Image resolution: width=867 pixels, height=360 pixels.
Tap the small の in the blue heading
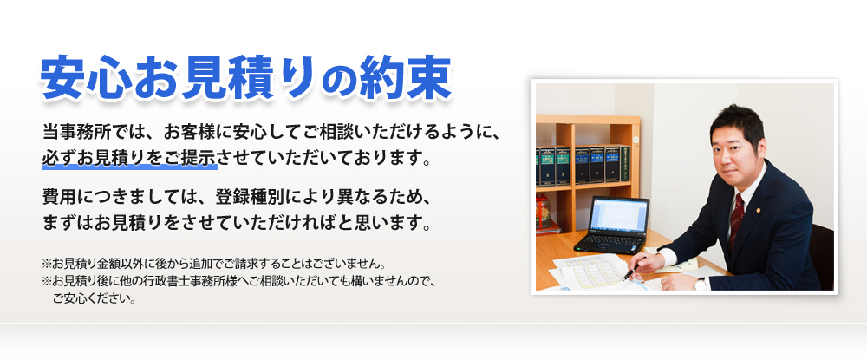(354, 82)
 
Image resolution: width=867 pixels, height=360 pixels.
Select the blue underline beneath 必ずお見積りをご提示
(129, 170)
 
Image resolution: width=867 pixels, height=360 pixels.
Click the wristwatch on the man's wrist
(699, 281)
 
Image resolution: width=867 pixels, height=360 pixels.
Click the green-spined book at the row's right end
(624, 163)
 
